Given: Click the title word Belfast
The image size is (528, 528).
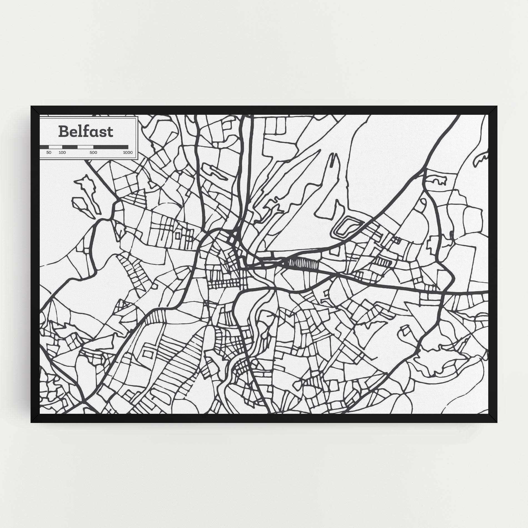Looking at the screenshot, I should (86, 131).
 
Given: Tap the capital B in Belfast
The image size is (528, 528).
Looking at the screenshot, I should (64, 132).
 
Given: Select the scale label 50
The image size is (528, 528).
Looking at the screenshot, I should (49, 153).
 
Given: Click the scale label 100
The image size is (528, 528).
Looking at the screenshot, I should (62, 153).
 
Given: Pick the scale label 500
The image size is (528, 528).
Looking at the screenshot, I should (93, 153).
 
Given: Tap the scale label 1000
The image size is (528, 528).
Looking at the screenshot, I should (128, 153).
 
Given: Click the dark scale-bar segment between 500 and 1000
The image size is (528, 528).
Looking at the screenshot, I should (111, 147).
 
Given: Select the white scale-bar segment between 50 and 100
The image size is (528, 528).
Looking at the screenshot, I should (56, 147).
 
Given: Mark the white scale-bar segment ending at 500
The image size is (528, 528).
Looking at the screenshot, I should (85, 147).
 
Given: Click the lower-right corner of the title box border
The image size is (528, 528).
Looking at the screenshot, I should (138, 159).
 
